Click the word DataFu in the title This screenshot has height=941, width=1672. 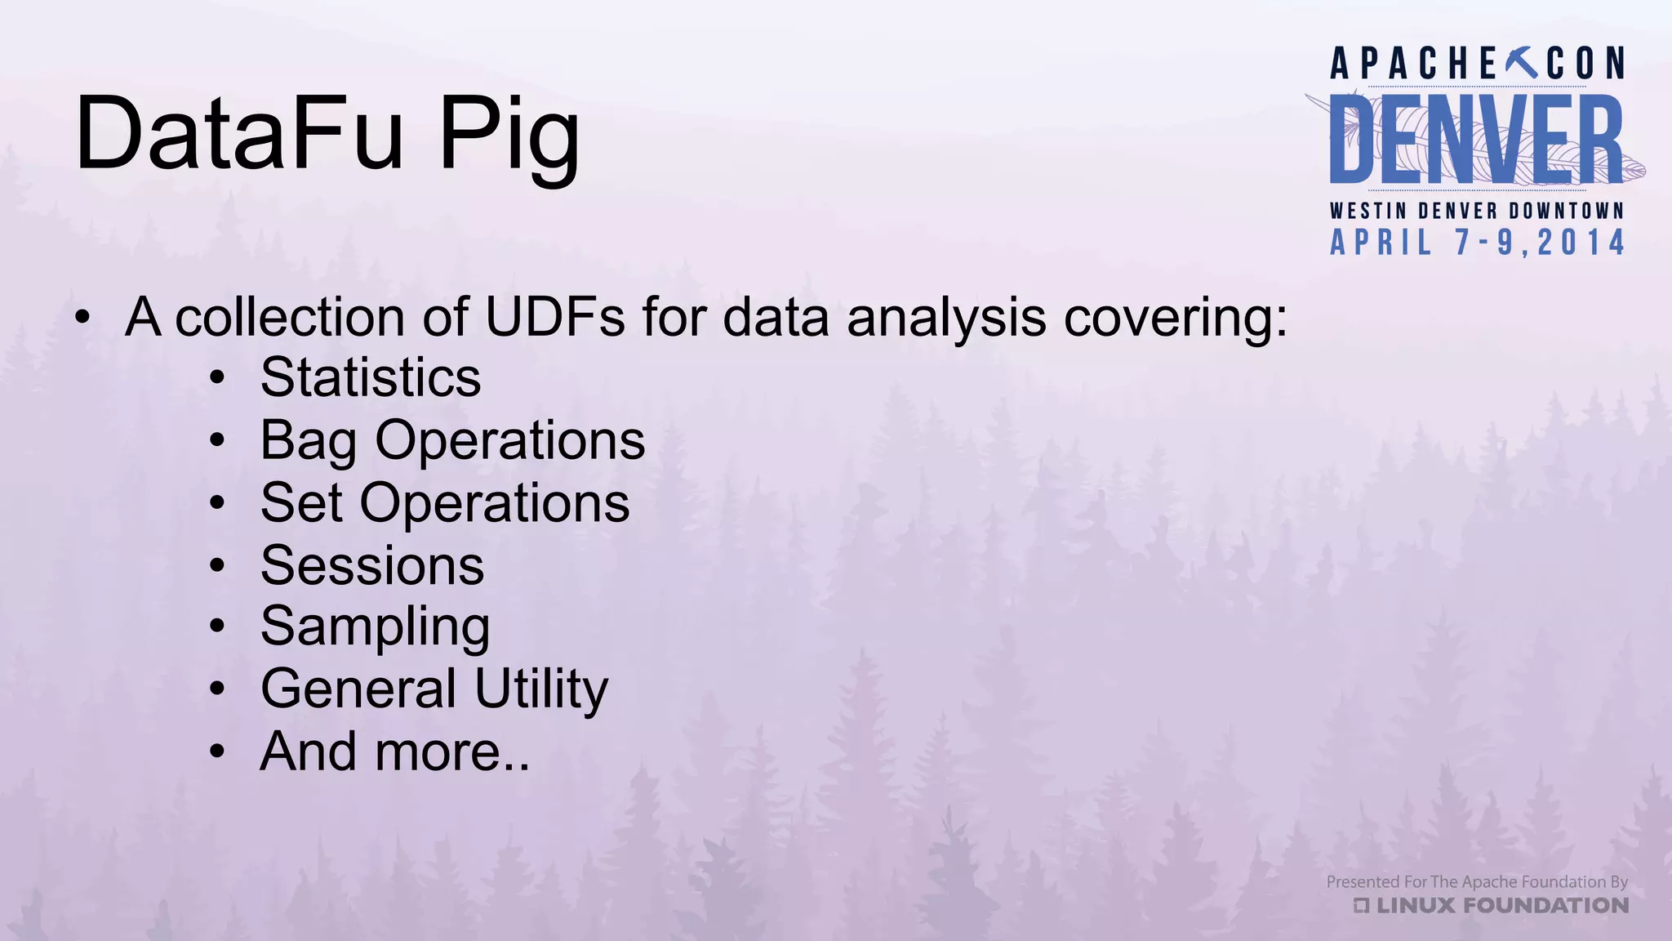coord(239,133)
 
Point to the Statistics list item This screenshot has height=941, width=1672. coord(371,377)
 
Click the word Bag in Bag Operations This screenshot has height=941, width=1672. coord(308,442)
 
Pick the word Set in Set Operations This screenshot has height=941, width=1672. coord(300,502)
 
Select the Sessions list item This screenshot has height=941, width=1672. coord(372,565)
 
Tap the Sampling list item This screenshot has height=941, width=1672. coord(376,628)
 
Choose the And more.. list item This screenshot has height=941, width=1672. coord(395,751)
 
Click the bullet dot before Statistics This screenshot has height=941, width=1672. coord(216,378)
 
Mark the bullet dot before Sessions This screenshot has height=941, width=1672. coord(216,565)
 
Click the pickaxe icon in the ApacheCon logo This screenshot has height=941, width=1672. coord(1520,63)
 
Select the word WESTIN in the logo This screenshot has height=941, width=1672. coord(1368,211)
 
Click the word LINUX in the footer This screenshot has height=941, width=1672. coord(1416,906)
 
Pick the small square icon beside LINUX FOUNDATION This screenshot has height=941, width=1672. coord(1361,906)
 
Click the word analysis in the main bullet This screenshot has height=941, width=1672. coord(946,319)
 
